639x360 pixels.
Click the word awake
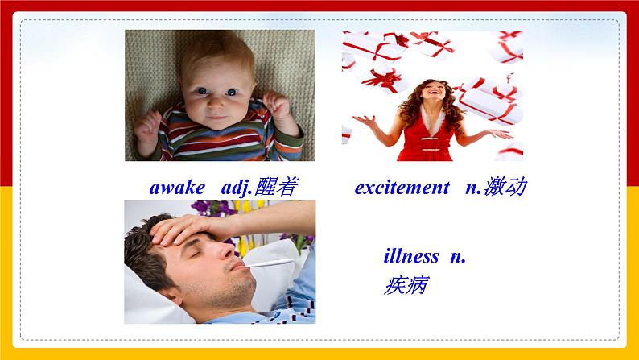pyautogui.click(x=177, y=188)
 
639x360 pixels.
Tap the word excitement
pyautogui.click(x=402, y=188)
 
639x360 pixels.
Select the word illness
pyautogui.click(x=411, y=256)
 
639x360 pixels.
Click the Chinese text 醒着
pyautogui.click(x=276, y=187)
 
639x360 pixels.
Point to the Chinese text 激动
pyautogui.click(x=505, y=187)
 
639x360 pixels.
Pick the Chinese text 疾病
pyautogui.click(x=406, y=285)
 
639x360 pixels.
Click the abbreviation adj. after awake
pyautogui.click(x=237, y=188)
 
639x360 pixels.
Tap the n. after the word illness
pyautogui.click(x=458, y=256)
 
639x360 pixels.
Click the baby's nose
pyautogui.click(x=216, y=104)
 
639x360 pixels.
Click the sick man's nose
pyautogui.click(x=226, y=250)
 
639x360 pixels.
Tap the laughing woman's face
pyautogui.click(x=432, y=91)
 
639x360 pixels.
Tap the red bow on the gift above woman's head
pyautogui.click(x=385, y=79)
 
